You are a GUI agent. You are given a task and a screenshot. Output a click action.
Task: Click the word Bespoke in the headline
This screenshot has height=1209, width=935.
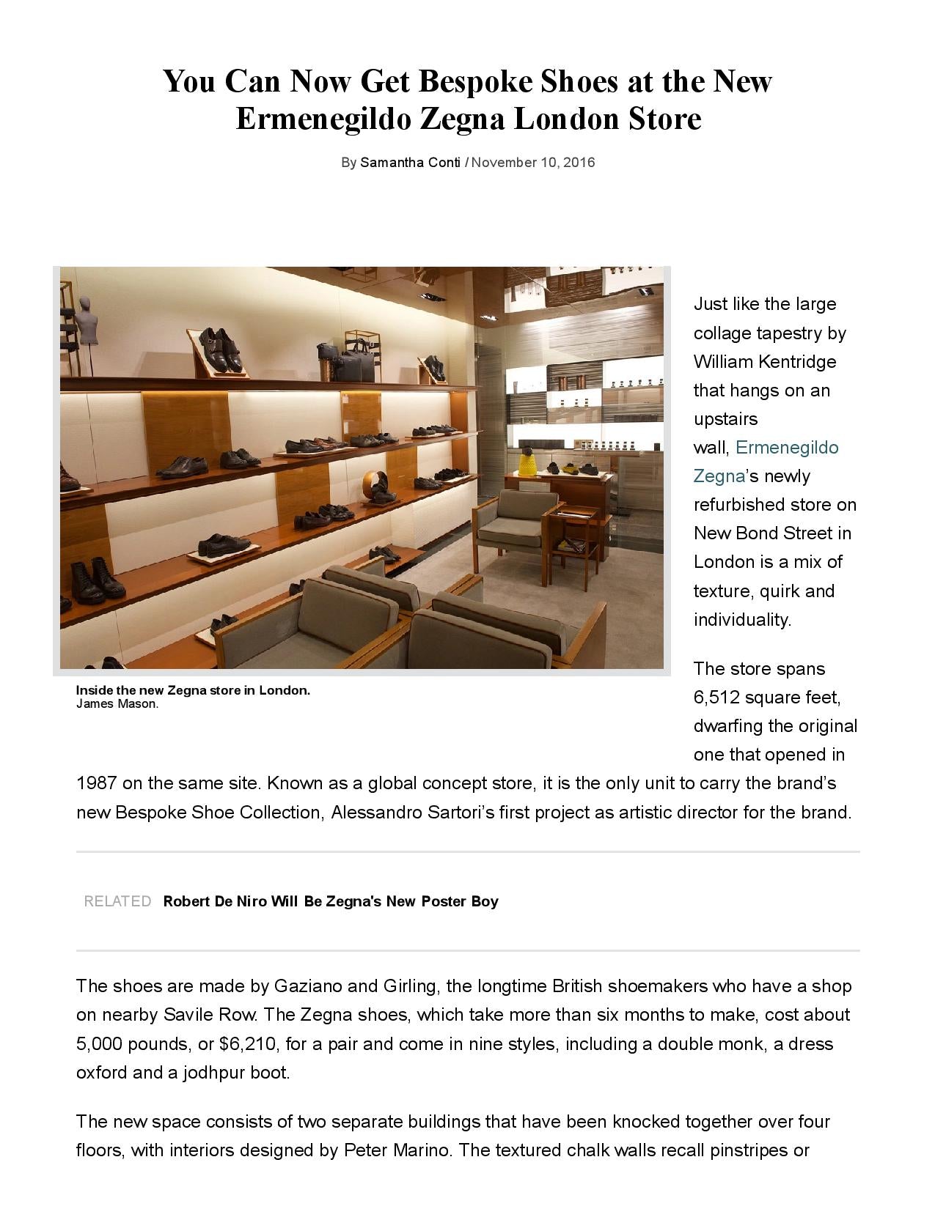coord(474,81)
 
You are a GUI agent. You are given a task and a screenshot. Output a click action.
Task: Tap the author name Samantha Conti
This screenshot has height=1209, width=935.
coord(410,163)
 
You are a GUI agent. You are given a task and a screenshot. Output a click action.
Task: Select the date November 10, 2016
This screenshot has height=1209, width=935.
coord(532,163)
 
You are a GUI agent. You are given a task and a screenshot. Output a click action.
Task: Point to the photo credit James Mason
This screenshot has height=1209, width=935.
coord(117,704)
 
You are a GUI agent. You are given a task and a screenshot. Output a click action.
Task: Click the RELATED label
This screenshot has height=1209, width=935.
coord(117,901)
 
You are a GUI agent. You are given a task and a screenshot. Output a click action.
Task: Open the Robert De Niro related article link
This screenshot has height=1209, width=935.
coord(331,901)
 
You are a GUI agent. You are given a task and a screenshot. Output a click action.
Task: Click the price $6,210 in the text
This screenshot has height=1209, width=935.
coord(249,1044)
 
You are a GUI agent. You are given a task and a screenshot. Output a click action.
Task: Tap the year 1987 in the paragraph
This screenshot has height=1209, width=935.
coord(96,783)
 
